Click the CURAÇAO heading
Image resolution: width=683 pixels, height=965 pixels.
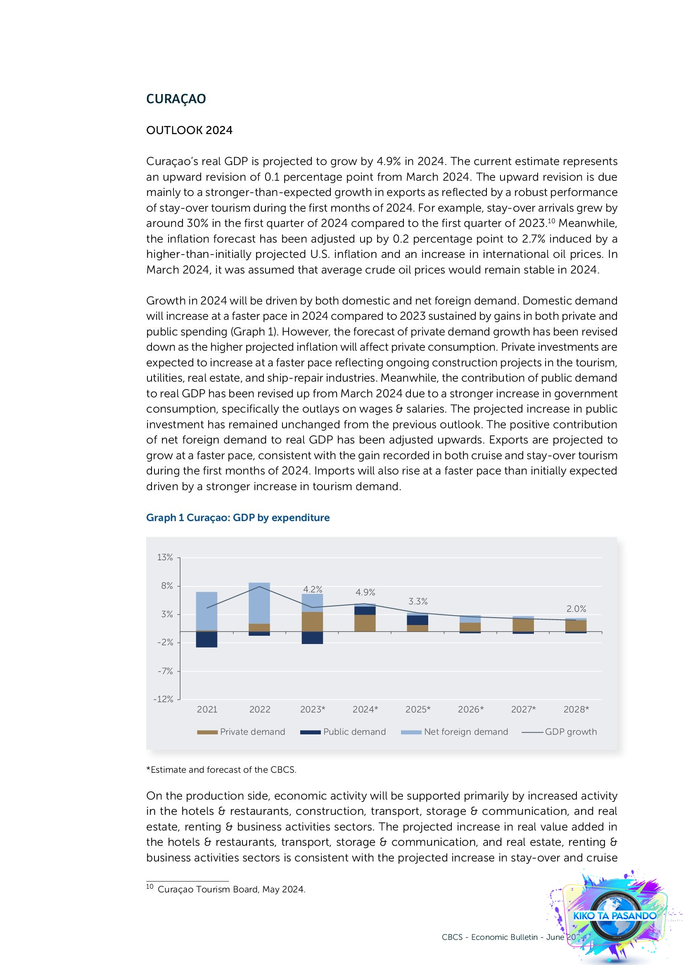pyautogui.click(x=176, y=99)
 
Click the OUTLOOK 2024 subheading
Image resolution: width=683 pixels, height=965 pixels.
pyautogui.click(x=189, y=130)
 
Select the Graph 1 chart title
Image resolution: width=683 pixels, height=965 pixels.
pyautogui.click(x=237, y=517)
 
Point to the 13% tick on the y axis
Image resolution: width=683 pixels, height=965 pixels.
pyautogui.click(x=165, y=557)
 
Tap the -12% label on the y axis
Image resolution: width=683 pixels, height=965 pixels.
pyautogui.click(x=163, y=699)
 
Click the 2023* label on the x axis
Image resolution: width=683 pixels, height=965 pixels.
pyautogui.click(x=313, y=710)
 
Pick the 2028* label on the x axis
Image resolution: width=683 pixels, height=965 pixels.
pyautogui.click(x=576, y=710)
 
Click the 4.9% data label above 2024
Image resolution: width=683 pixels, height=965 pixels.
pyautogui.click(x=365, y=592)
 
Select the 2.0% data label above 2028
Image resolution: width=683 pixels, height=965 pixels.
pyautogui.click(x=576, y=609)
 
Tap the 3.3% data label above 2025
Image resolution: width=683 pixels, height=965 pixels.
pyautogui.click(x=417, y=602)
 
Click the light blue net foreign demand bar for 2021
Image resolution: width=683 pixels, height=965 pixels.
pyautogui.click(x=206, y=611)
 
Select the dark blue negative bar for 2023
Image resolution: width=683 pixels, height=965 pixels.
pyautogui.click(x=312, y=637)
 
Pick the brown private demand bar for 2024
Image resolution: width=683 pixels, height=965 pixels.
pyautogui.click(x=365, y=623)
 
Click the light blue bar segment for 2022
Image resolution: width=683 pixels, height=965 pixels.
pyautogui.click(x=259, y=603)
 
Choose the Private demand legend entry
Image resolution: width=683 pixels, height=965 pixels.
pyautogui.click(x=242, y=732)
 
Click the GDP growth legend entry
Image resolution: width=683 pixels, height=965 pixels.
pyautogui.click(x=560, y=732)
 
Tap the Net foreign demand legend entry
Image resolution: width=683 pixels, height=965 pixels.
pyautogui.click(x=455, y=732)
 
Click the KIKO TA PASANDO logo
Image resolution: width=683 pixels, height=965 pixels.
pyautogui.click(x=614, y=915)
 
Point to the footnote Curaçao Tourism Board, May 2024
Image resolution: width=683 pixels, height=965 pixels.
pyautogui.click(x=231, y=889)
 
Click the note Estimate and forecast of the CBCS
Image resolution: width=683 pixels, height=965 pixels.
pyautogui.click(x=221, y=769)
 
